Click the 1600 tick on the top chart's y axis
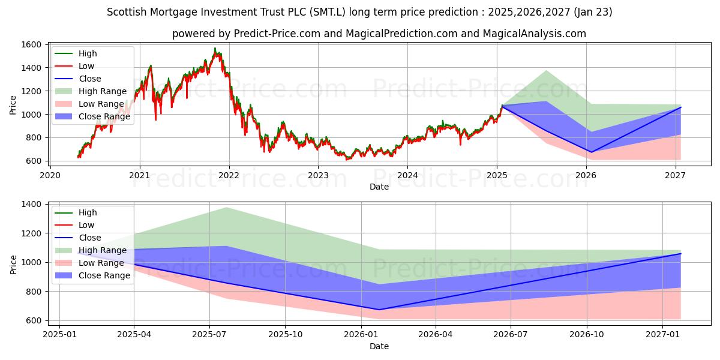[32, 45]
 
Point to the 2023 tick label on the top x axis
[318, 175]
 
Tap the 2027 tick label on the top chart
[676, 175]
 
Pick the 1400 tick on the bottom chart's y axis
[32, 205]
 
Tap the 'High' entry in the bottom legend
[88, 212]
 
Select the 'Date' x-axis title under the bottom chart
[379, 346]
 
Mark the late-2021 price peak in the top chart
[215, 49]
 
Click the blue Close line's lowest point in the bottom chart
[379, 310]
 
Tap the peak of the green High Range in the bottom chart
[226, 208]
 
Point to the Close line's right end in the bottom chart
[680, 253]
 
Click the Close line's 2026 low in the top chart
[591, 152]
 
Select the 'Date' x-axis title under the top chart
[379, 187]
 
